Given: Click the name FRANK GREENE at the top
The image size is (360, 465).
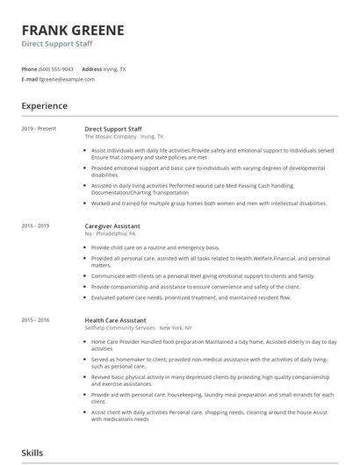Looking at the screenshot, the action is click(x=73, y=30).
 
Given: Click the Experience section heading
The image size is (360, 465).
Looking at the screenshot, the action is click(x=45, y=106).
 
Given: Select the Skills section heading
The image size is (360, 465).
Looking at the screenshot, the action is click(x=32, y=454).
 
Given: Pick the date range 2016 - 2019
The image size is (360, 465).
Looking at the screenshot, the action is click(x=36, y=225).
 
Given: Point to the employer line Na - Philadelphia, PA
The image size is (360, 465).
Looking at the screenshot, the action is click(x=110, y=233).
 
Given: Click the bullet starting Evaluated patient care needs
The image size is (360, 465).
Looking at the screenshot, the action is click(x=191, y=298).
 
